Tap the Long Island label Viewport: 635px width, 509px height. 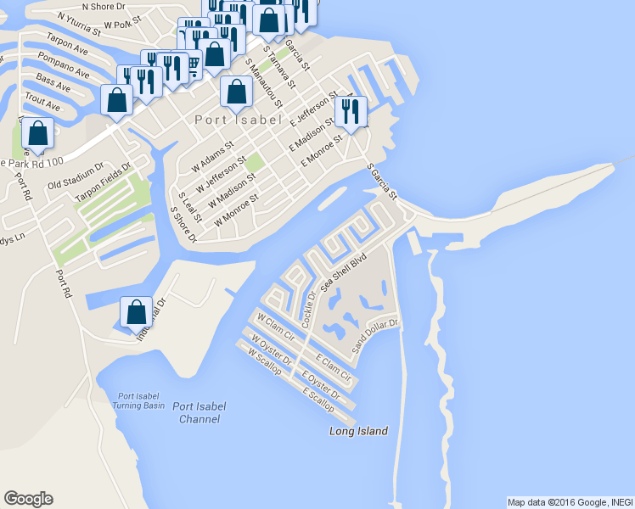pyautogui.click(x=358, y=432)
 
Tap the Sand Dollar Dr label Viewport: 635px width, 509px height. pyautogui.click(x=375, y=336)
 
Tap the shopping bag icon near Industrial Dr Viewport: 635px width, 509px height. pyautogui.click(x=136, y=313)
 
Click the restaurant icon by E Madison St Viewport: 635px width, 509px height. pyautogui.click(x=351, y=112)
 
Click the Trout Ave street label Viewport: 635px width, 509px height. pyautogui.click(x=42, y=103)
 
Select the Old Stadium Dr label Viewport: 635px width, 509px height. pyautogui.click(x=76, y=176)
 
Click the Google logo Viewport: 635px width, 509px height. pyautogui.click(x=28, y=499)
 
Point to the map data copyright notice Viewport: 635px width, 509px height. pyautogui.click(x=570, y=502)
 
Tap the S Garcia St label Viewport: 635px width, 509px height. pyautogui.click(x=383, y=181)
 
